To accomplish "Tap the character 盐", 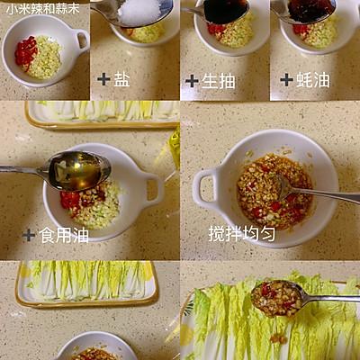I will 121,79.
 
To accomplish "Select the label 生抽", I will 218,80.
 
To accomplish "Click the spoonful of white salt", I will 139,12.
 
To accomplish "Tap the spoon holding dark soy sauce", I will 225,11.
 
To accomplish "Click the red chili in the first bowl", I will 25,52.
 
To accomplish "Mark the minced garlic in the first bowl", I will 45,58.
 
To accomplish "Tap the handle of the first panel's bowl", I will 82,40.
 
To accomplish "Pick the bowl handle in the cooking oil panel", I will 154,189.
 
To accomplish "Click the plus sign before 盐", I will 103,79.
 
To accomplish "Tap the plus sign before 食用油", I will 29,235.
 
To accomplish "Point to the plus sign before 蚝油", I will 286,79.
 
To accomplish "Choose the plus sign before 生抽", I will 191,80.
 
